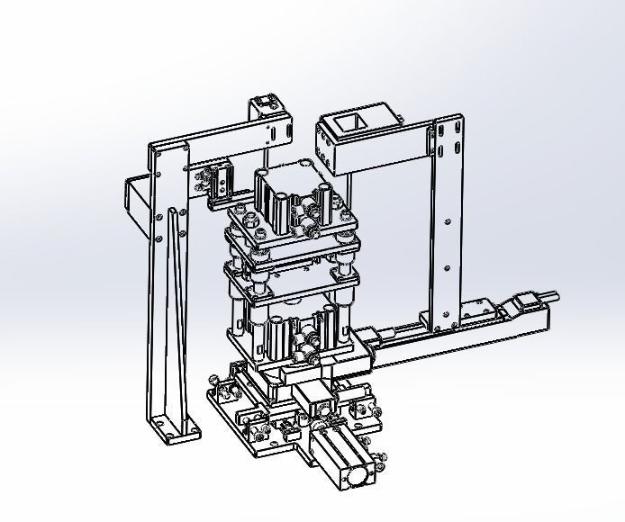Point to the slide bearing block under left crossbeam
[219, 180]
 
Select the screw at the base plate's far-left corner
[213, 382]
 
